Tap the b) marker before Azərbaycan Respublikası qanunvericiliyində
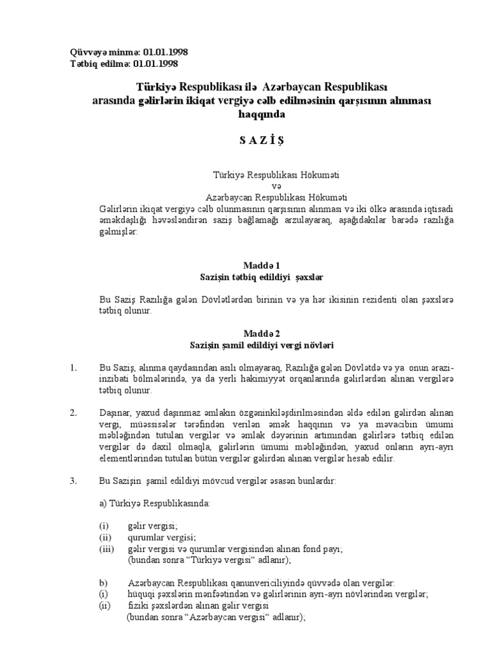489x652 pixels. tap(102, 583)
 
